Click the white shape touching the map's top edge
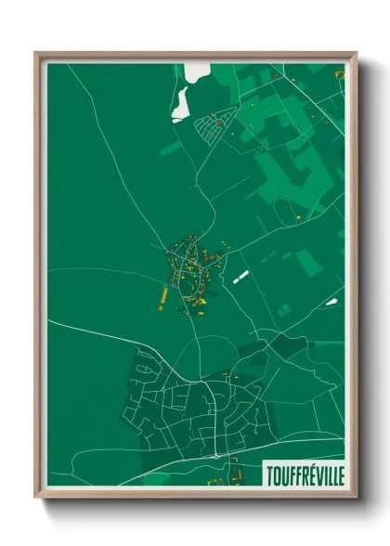(198, 71)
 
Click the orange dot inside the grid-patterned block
(218, 122)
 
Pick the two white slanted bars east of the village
(240, 276)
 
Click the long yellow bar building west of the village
(163, 296)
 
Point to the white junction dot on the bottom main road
(215, 456)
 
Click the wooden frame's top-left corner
(37, 54)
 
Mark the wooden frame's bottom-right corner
(355, 497)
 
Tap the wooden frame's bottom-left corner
(37, 497)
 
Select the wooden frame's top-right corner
(355, 54)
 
